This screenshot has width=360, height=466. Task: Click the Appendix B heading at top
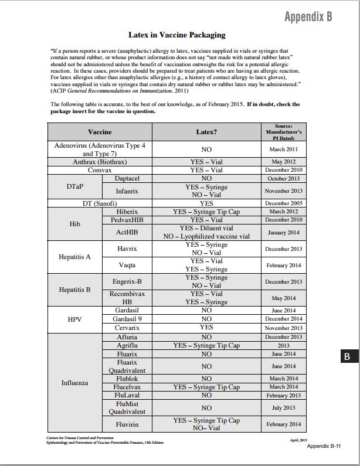click(308, 16)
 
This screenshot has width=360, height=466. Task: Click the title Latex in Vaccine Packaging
click(176, 35)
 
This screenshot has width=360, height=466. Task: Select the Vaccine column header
click(99, 132)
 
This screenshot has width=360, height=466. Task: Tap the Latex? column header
click(206, 132)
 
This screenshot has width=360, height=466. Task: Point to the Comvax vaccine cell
click(100, 169)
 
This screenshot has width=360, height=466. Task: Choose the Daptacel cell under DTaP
click(127, 178)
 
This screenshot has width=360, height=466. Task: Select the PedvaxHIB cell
click(127, 219)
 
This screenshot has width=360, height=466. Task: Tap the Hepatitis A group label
click(74, 257)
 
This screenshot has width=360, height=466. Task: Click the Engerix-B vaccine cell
click(127, 281)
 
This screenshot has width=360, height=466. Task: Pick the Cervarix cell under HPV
click(127, 328)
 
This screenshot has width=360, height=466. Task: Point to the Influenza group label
click(74, 383)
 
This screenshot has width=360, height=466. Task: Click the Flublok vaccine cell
click(127, 379)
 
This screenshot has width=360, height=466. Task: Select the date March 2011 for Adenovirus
click(284, 149)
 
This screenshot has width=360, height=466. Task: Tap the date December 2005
click(284, 203)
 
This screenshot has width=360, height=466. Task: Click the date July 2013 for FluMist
click(284, 407)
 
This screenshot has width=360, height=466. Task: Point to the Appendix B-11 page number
click(324, 446)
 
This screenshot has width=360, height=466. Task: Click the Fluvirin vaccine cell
click(127, 424)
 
